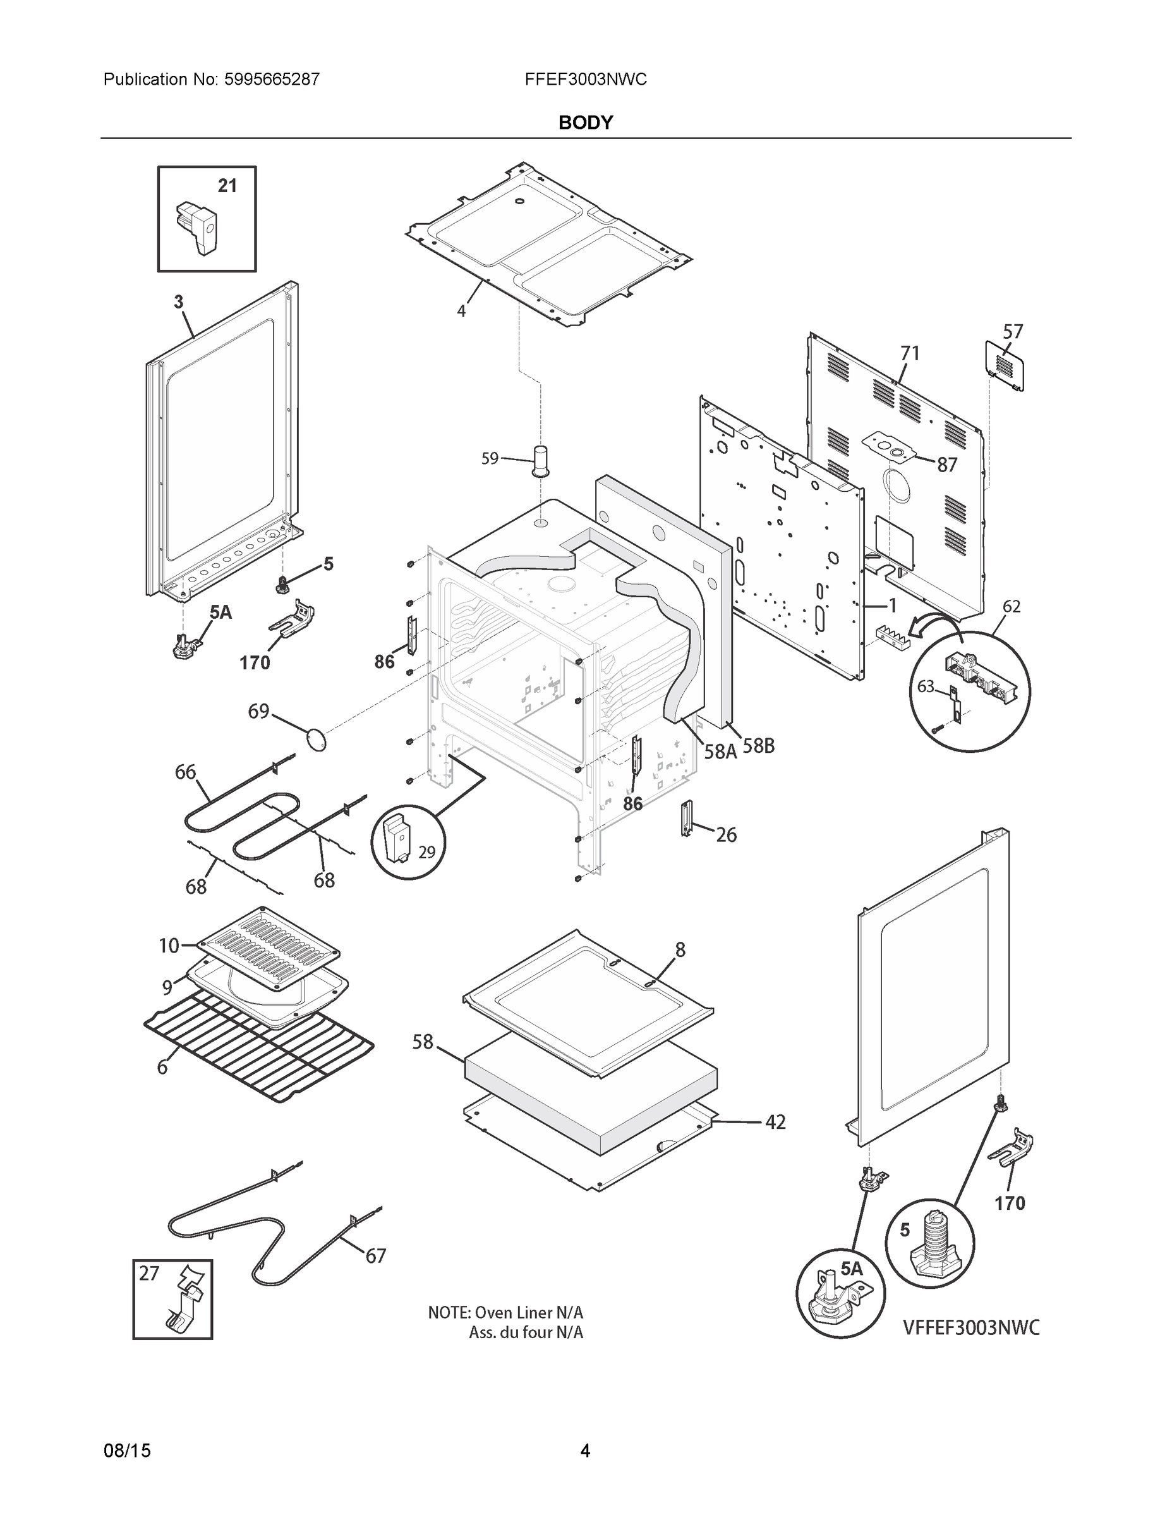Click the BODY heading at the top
585,123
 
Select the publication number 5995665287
272,80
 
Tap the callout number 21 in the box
227,186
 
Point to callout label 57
1013,332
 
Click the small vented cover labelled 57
1005,365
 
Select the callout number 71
910,353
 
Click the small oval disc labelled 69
317,739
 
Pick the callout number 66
185,772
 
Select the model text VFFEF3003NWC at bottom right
971,1327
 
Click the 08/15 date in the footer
127,1451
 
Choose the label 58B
758,746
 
